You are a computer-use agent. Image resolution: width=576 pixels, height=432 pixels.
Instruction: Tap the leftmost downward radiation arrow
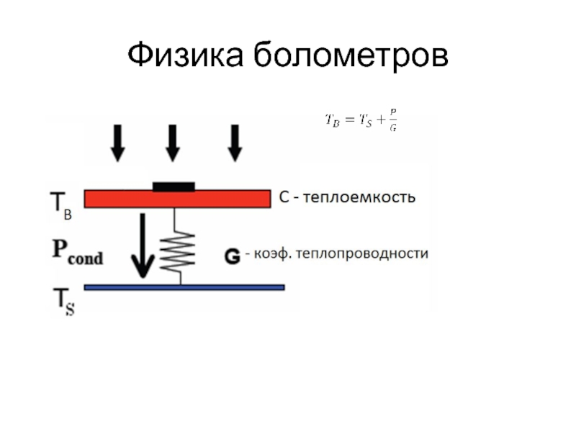coord(118,142)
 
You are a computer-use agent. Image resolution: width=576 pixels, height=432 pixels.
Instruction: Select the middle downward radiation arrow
coord(172,142)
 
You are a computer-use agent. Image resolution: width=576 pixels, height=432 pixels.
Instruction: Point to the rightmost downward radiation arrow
coord(235,142)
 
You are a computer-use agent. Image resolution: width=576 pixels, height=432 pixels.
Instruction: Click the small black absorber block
coord(174,186)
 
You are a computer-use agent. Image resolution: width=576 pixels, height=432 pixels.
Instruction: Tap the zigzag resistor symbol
coord(176,249)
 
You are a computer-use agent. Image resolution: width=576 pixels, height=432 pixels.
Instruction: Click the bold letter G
coord(232,255)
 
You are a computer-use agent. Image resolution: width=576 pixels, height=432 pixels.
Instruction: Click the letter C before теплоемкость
coord(284,197)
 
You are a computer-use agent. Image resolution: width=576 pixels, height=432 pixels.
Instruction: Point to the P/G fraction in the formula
coord(392,120)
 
